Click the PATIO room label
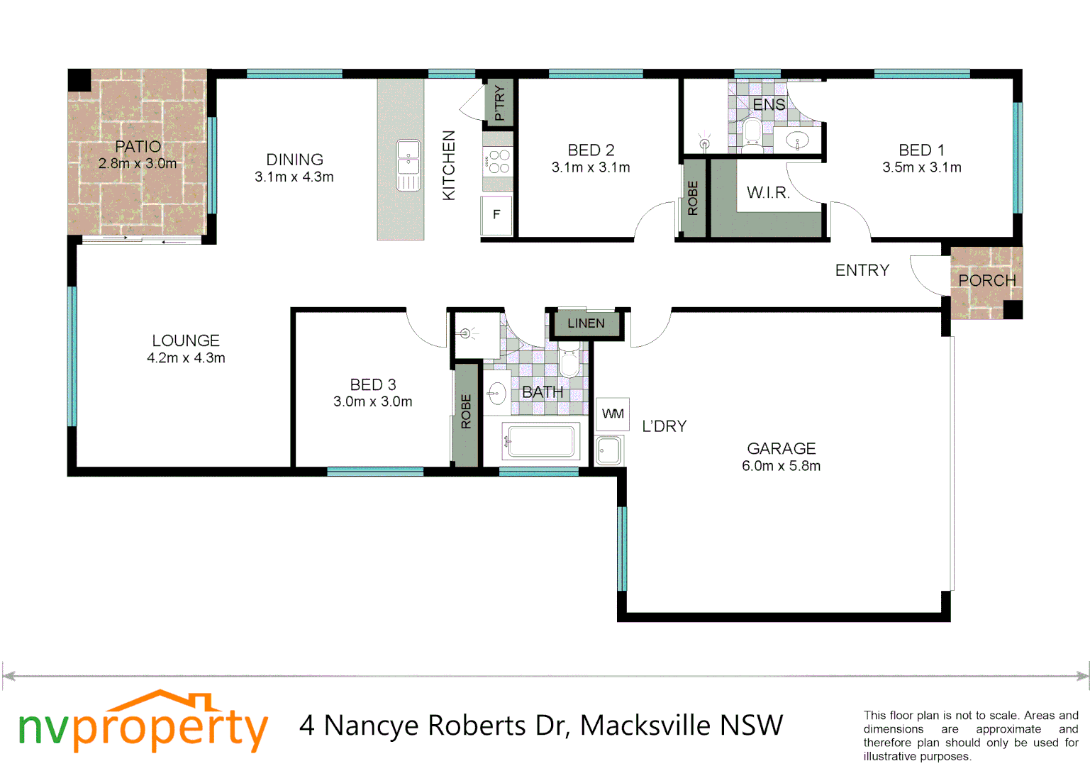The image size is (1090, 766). pos(138,147)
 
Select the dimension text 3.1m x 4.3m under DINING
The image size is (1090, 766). pos(294,177)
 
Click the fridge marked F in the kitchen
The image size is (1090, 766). pos(496,214)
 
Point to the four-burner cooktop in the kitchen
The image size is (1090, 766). pos(498,162)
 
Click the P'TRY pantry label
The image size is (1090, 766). pos(499,103)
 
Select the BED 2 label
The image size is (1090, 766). pos(591,150)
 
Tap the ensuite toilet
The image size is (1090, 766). pos(752,133)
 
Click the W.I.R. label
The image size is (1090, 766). pos(768,193)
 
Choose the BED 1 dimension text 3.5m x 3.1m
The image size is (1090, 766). pos(922,168)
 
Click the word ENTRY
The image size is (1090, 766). pos(862,270)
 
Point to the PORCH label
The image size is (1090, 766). pos(986,281)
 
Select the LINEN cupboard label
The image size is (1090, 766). pos(586,324)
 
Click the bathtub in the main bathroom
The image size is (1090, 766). pos(541,441)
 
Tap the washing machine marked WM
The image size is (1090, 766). pos(613,414)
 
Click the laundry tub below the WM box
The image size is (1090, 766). pos(608,450)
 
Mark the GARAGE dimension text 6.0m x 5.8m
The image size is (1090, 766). pos(781,467)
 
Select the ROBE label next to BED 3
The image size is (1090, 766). pos(466,412)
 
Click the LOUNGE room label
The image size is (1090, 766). pos(186,341)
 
